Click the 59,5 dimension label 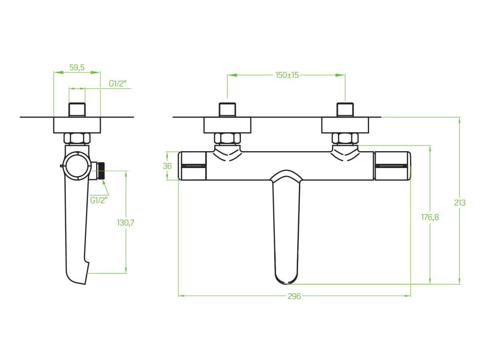[77, 67]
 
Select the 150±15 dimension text [287, 75]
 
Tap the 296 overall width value [294, 296]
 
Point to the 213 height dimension [459, 203]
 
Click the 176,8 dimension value [430, 217]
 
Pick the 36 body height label [167, 166]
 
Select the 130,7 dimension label [125, 223]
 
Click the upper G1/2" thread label [118, 83]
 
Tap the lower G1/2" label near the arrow [99, 200]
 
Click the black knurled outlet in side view [101, 171]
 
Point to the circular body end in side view [77, 165]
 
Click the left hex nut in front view [228, 138]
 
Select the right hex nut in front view [345, 138]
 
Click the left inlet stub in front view [228, 110]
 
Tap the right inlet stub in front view [345, 110]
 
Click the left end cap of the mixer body [193, 166]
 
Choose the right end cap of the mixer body [393, 166]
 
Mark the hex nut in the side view [77, 138]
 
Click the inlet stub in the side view [77, 110]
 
